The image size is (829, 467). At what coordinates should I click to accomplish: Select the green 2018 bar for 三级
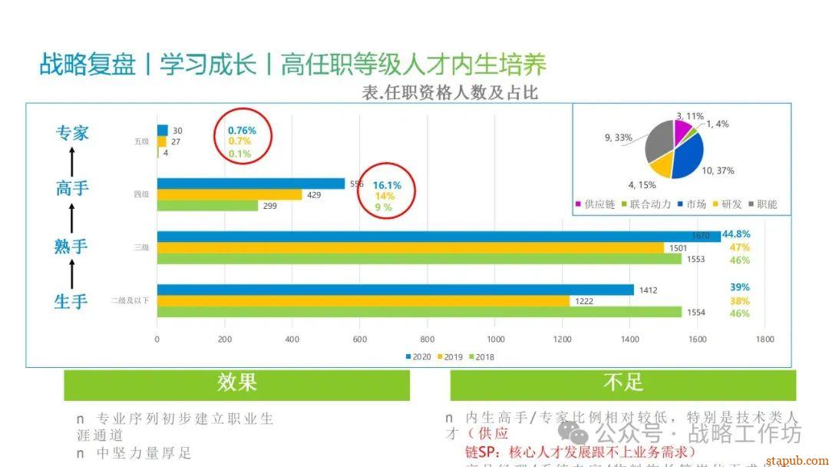pos(419,260)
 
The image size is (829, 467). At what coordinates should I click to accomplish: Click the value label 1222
pos(584,301)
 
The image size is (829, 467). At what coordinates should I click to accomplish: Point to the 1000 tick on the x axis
pos(495,339)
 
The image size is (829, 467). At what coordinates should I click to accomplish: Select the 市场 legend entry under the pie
pos(692,204)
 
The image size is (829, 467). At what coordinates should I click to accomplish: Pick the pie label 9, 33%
pos(618,137)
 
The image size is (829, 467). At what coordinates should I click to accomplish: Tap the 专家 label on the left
pos(72,133)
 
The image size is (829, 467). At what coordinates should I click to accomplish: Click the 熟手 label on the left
pos(71,247)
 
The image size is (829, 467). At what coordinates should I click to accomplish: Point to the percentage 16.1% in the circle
pos(387,185)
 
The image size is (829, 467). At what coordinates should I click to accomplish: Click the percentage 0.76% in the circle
pos(242,131)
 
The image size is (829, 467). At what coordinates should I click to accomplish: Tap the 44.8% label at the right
pos(736,233)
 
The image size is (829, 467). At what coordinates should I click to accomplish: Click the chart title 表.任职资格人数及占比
pos(450,93)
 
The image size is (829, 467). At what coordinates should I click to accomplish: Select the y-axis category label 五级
pos(141,141)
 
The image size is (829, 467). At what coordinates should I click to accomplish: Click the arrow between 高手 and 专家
pos(72,161)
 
